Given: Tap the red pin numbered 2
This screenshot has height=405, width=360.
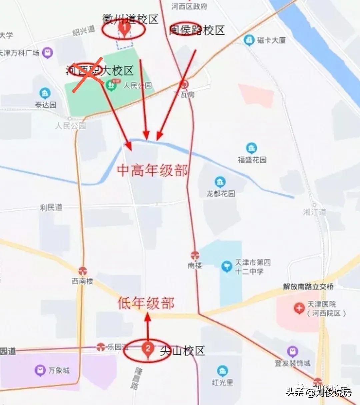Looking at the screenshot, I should click(x=148, y=349).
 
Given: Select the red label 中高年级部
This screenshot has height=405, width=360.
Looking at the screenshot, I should click(x=152, y=170).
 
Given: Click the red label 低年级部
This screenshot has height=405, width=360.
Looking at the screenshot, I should click(x=146, y=303).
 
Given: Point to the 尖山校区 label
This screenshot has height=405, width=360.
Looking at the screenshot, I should click(x=182, y=351).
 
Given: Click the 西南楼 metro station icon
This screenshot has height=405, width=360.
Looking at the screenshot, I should click(x=83, y=271).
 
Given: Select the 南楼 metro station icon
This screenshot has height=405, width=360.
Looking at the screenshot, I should click(x=195, y=256).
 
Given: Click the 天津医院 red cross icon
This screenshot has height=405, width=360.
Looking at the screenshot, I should click(x=299, y=308).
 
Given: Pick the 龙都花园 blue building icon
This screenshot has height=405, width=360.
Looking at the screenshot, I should click(x=220, y=182).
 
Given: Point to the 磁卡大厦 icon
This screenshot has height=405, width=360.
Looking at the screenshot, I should click(x=249, y=40).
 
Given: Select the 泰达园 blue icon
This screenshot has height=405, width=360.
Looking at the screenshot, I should click(x=45, y=93).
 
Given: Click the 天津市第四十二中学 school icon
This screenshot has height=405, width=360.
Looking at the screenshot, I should click(x=227, y=266).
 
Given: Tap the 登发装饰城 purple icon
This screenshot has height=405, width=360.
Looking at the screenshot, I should click(x=292, y=352).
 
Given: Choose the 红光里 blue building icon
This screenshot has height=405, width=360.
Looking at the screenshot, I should click(x=222, y=371).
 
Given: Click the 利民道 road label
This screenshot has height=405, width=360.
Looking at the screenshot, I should click(x=51, y=207).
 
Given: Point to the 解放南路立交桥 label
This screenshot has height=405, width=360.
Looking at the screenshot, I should click(x=308, y=286).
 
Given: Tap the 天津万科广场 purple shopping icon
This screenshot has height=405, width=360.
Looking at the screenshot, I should click(x=48, y=53).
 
